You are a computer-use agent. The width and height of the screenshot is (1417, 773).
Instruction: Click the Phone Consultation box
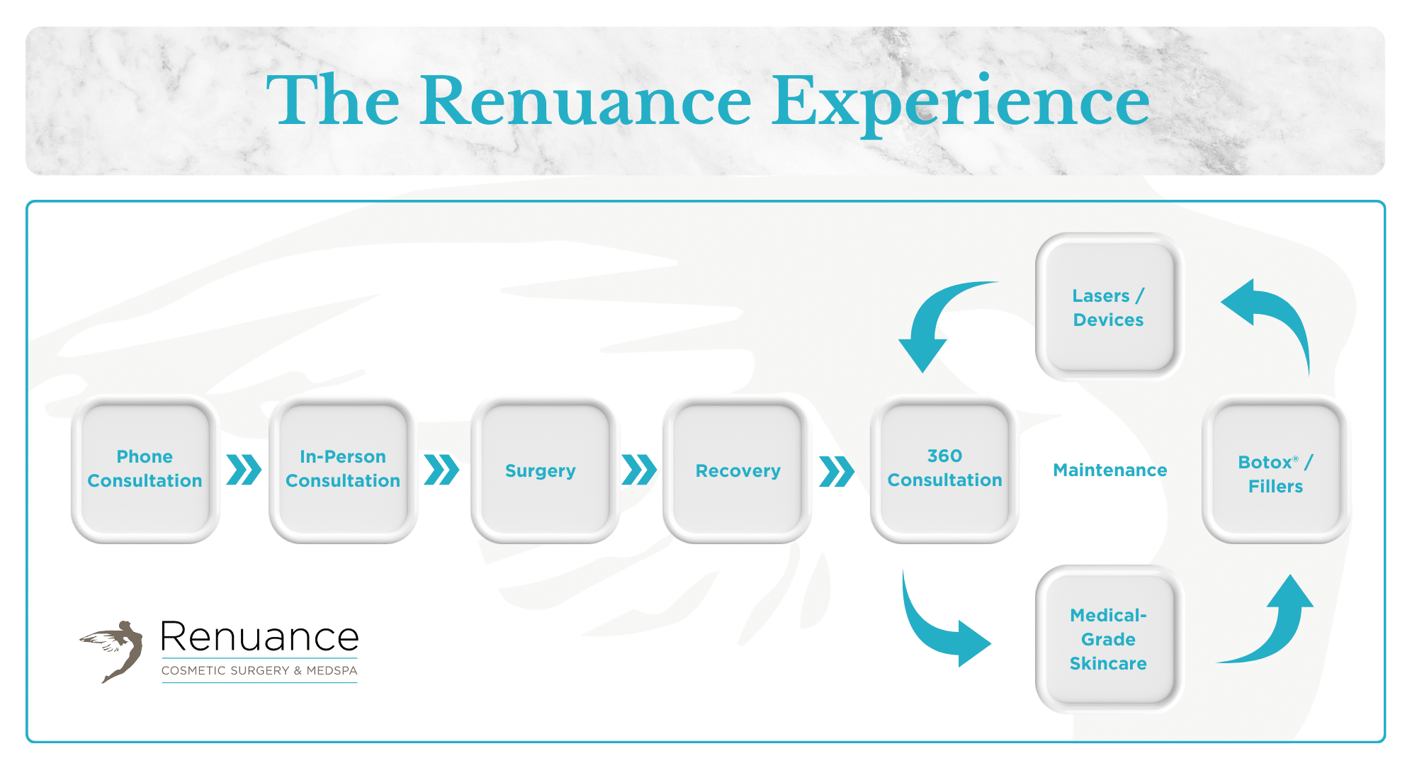click(x=145, y=469)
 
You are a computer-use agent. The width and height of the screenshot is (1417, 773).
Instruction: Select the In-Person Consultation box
click(x=343, y=469)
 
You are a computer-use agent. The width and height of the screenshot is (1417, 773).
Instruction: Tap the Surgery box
click(x=541, y=470)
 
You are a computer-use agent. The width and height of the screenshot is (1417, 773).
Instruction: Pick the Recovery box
click(x=738, y=470)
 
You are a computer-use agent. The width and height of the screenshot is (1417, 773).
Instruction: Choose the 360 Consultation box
click(x=944, y=468)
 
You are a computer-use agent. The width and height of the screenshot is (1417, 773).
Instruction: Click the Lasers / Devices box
click(x=1108, y=307)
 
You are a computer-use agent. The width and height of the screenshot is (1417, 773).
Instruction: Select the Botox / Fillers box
click(x=1275, y=473)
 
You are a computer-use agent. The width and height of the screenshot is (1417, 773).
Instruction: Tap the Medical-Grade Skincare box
click(x=1108, y=639)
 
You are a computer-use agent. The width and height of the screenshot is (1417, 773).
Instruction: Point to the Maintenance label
click(x=1110, y=470)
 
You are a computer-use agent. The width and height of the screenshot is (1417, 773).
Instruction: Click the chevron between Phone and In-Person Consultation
click(x=244, y=470)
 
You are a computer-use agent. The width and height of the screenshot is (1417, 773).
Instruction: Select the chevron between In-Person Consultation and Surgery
click(x=441, y=470)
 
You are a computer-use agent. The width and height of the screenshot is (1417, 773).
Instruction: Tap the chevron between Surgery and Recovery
click(x=639, y=470)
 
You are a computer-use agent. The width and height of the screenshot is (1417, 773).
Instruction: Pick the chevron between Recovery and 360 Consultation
click(x=837, y=471)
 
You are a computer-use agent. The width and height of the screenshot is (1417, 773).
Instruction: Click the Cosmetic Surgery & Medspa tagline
click(x=259, y=670)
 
